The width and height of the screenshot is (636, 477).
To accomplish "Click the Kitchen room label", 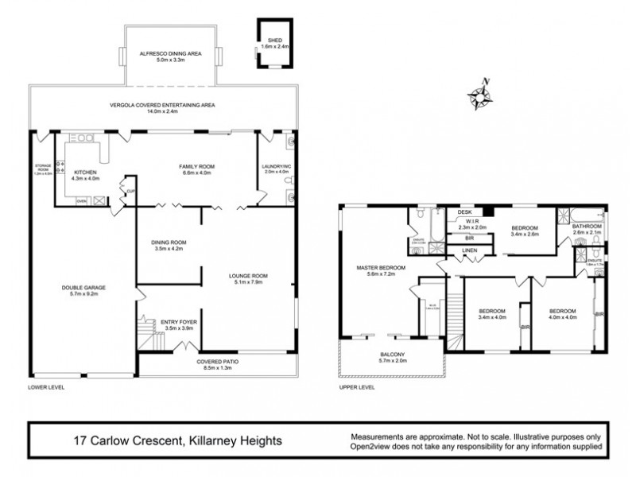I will [85, 172].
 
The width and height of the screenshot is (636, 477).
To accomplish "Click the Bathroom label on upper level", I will [588, 227].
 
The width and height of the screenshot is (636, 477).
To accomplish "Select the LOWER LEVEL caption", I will [45, 387].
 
